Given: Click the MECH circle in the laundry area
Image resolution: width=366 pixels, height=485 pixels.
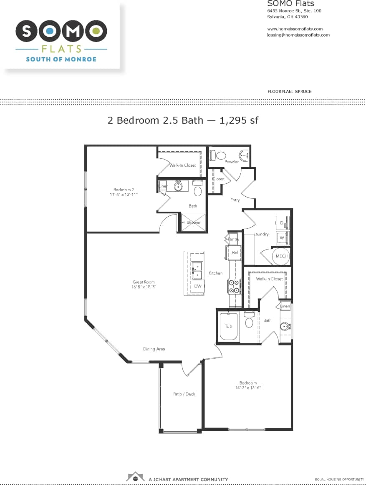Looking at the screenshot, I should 281,256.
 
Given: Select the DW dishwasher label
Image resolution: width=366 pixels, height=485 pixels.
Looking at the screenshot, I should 197,286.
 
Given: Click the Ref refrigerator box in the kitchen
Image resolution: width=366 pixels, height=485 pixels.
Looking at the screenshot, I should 235,252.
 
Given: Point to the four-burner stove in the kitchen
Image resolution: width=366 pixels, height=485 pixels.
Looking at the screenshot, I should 234,286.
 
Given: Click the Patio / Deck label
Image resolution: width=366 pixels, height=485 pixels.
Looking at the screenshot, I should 184,394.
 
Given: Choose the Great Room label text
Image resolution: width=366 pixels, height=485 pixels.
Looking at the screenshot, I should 144,282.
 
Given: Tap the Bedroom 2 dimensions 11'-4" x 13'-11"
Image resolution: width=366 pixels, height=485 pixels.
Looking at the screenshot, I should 124,195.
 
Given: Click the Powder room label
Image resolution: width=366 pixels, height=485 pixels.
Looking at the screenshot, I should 232,162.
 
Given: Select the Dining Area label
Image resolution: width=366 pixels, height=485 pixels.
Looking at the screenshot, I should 154,349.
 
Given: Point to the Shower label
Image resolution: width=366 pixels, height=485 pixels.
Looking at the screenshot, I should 194,222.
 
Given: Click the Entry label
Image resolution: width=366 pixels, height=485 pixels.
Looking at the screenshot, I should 235,200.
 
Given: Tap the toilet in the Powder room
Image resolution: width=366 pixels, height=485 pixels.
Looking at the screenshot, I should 220,155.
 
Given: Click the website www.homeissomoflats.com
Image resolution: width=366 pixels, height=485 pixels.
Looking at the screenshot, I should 295,29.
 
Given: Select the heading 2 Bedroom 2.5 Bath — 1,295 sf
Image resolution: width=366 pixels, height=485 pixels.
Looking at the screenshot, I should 183,120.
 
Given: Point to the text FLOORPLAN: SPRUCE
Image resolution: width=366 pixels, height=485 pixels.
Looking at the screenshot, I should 289,91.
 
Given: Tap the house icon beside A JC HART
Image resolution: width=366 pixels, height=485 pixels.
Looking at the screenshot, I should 135,476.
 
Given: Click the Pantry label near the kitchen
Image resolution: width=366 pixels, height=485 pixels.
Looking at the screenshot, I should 233,239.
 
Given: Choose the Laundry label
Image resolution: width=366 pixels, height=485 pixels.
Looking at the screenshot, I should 261,234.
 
